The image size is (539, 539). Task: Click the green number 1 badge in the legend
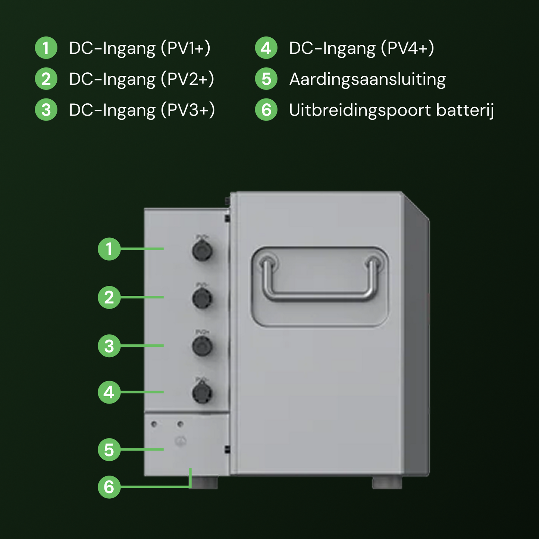tap(46, 48)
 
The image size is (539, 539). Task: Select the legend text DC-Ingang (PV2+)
tap(141, 79)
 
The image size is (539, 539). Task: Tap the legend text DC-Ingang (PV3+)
tap(142, 110)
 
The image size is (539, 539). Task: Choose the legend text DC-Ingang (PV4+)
tap(361, 48)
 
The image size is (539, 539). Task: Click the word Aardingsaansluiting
tap(367, 79)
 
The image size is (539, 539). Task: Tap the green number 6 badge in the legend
tap(266, 110)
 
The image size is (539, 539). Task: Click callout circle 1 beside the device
tap(109, 249)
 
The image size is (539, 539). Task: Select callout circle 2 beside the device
tap(109, 297)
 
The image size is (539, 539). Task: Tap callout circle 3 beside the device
tap(109, 346)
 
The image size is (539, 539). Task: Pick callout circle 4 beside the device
tap(109, 392)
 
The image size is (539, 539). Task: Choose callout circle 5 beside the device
tap(109, 450)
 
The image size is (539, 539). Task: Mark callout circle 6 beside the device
tap(109, 487)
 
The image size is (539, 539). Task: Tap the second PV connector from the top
tap(202, 298)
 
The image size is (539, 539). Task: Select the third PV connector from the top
tap(202, 346)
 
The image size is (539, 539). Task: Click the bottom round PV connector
tap(202, 393)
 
